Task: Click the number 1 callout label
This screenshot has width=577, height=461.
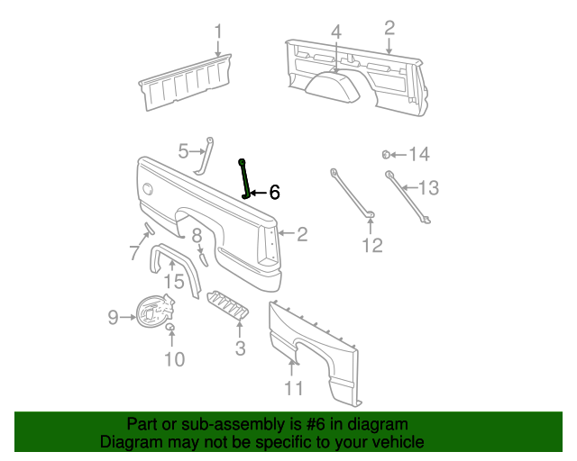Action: [218, 33]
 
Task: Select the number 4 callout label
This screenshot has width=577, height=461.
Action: [335, 32]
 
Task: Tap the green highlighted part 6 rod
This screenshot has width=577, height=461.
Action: [243, 177]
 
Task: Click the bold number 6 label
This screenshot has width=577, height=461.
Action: [274, 192]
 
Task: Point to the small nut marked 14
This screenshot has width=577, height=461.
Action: [386, 155]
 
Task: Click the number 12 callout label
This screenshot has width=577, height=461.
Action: [372, 245]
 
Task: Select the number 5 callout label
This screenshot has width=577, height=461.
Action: [182, 151]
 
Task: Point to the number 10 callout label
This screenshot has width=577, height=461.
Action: [174, 359]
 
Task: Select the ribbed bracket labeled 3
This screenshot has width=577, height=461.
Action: [227, 305]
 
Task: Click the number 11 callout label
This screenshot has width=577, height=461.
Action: [294, 389]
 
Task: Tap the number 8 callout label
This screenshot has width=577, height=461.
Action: [197, 237]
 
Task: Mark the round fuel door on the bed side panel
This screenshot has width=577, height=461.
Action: [147, 190]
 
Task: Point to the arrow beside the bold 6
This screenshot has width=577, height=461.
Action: [256, 192]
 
